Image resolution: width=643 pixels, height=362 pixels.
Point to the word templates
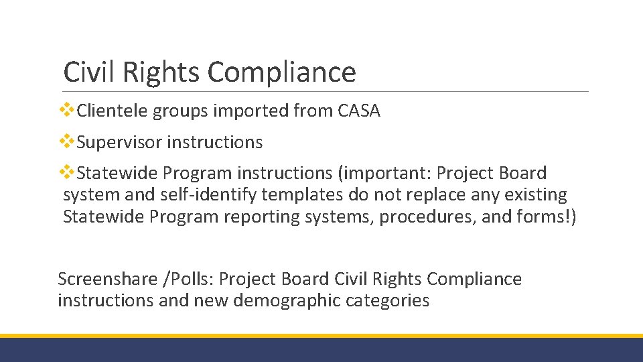(x=305, y=195)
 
